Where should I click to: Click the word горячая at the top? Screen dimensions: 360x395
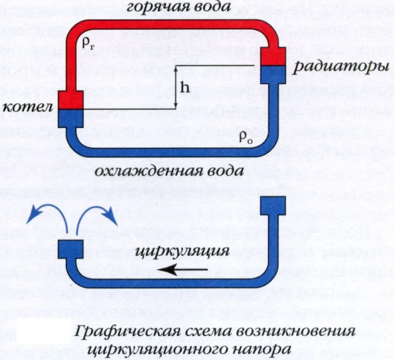click(155, 8)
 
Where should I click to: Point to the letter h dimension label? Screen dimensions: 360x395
click(186, 87)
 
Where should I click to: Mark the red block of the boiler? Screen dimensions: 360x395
click(71, 99)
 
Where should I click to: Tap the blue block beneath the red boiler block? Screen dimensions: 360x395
click(71, 118)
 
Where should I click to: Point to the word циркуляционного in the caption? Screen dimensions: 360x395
click(178, 348)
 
